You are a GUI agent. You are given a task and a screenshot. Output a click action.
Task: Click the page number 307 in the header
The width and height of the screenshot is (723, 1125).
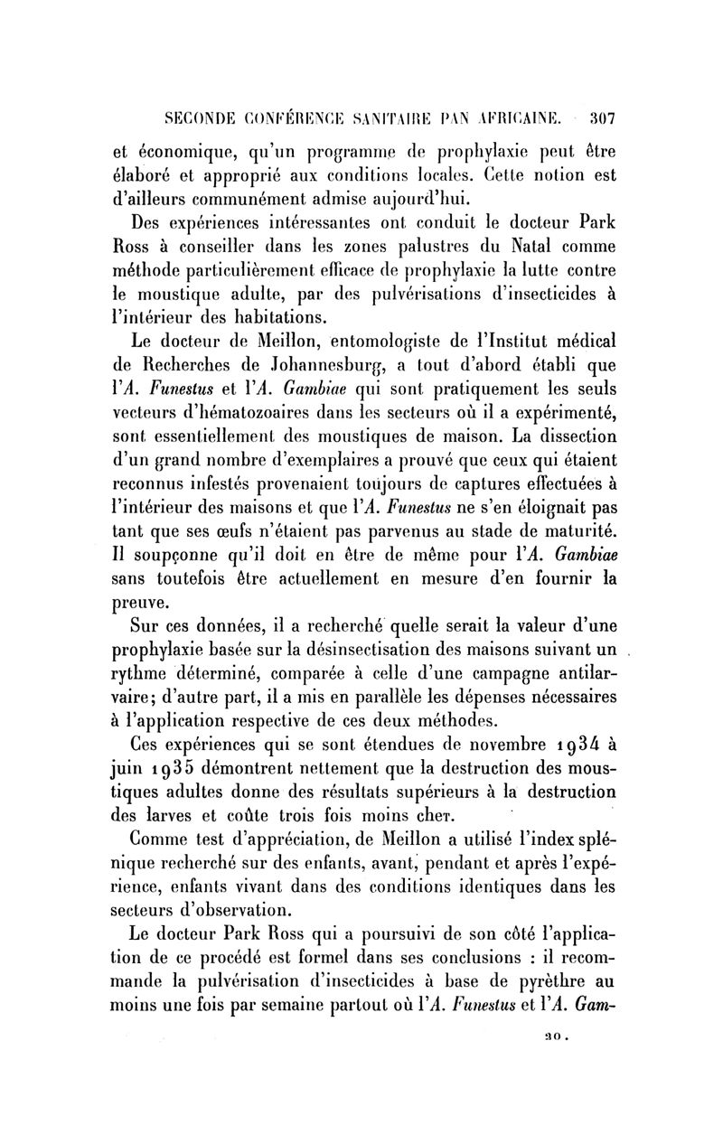click(x=599, y=117)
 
